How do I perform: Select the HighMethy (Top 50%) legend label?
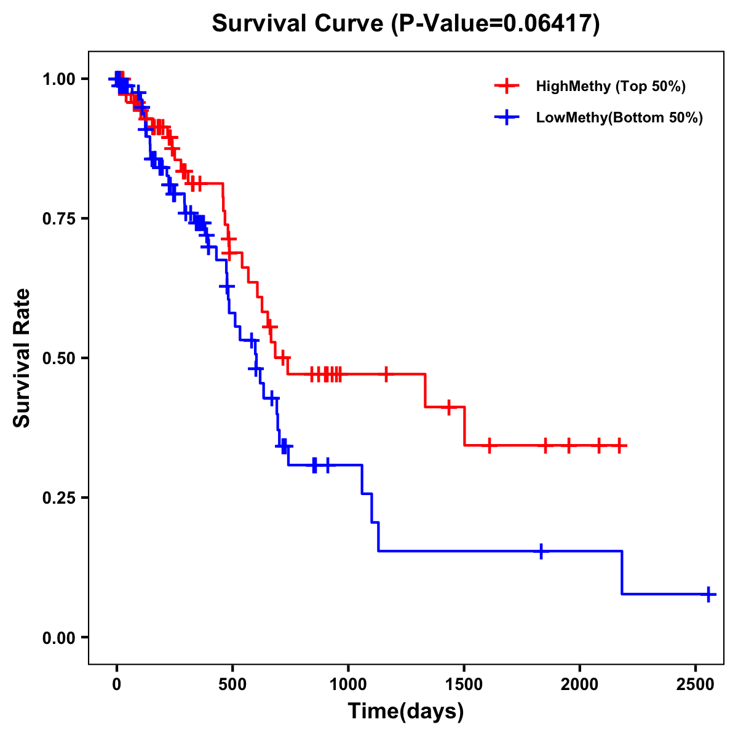(x=610, y=86)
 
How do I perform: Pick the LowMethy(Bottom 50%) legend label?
(x=619, y=117)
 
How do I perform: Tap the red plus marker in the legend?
(x=506, y=86)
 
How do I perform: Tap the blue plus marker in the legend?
(x=506, y=117)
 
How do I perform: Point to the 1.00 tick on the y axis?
(x=58, y=79)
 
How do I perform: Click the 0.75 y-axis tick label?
(x=58, y=219)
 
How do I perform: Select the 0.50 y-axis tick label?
(x=58, y=359)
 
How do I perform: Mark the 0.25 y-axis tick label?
(x=58, y=498)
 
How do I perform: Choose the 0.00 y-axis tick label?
(x=58, y=638)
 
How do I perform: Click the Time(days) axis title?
(x=406, y=712)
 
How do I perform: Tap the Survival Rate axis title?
(x=22, y=358)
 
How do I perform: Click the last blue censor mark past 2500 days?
(x=708, y=594)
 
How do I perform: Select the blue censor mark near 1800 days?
(x=541, y=551)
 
